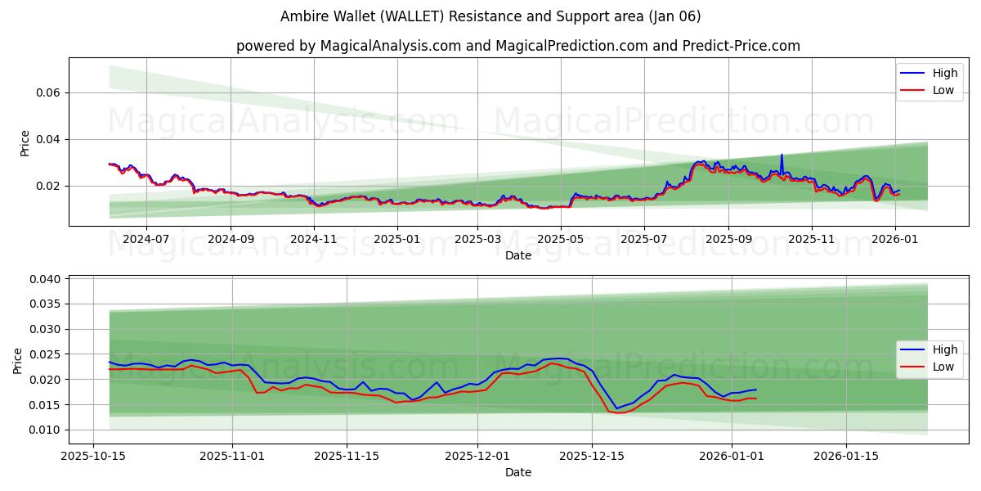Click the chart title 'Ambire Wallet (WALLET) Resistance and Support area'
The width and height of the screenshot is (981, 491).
(x=490, y=16)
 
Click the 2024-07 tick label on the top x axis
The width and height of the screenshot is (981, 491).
(x=146, y=239)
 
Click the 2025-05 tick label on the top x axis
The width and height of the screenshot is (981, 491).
(x=561, y=239)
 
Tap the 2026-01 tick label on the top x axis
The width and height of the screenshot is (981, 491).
(x=895, y=239)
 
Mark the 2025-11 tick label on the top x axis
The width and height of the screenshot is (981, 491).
(x=812, y=239)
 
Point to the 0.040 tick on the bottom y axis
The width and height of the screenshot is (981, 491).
(x=46, y=279)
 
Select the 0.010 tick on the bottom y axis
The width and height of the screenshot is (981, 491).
(x=46, y=430)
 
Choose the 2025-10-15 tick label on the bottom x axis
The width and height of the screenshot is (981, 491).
(x=93, y=456)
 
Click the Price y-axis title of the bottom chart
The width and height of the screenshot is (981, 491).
(x=18, y=360)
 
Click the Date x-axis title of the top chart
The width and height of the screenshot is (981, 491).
(x=518, y=255)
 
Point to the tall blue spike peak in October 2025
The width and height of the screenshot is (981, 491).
(x=782, y=155)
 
